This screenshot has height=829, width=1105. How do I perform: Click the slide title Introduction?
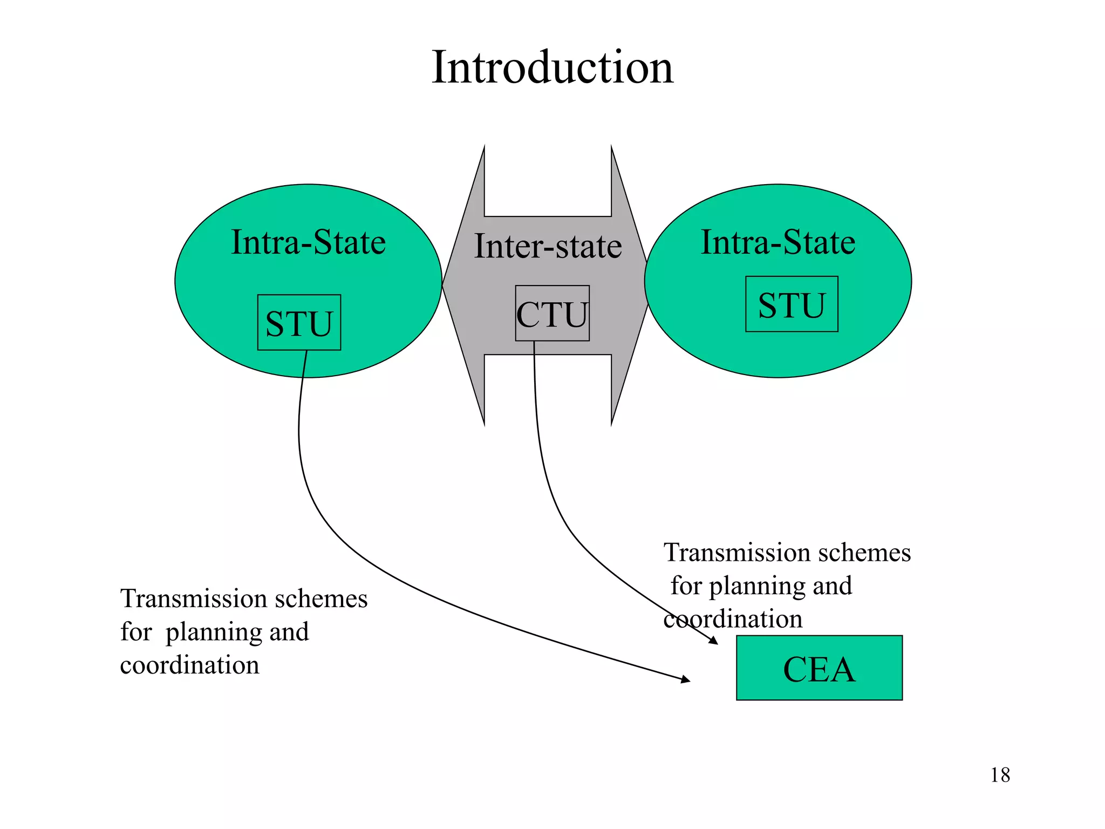click(x=552, y=67)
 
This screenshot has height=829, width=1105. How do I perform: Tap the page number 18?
click(x=1000, y=775)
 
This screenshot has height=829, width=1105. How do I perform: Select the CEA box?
click(x=818, y=668)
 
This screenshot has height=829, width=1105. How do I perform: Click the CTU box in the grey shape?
click(x=552, y=314)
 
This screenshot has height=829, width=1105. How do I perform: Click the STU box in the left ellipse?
click(x=299, y=323)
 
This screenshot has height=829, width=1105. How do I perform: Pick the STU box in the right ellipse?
click(x=792, y=304)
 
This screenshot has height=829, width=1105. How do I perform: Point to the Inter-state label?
click(x=548, y=246)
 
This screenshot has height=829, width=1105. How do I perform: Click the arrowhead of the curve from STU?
click(x=686, y=679)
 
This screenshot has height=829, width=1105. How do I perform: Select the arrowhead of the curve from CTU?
click(x=713, y=641)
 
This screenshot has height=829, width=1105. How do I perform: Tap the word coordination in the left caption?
click(x=189, y=665)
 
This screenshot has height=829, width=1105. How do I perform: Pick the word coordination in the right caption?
click(x=733, y=619)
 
